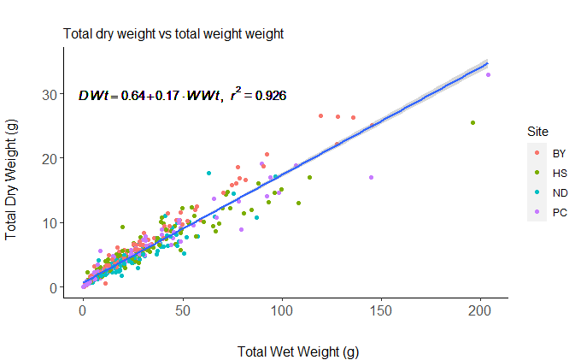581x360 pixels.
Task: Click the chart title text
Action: pyautogui.click(x=173, y=34)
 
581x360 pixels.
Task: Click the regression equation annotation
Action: pyautogui.click(x=182, y=95)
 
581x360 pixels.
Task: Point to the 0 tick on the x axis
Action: pyautogui.click(x=83, y=312)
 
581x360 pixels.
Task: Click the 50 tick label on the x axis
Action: pyautogui.click(x=182, y=312)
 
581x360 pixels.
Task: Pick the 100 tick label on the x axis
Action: pyautogui.click(x=281, y=312)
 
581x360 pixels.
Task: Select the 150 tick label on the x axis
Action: pyautogui.click(x=381, y=312)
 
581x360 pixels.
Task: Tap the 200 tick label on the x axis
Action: pyautogui.click(x=480, y=312)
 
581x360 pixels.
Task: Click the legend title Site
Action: pyautogui.click(x=537, y=132)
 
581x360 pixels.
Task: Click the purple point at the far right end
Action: pyautogui.click(x=489, y=75)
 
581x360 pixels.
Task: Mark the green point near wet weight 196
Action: pyautogui.click(x=472, y=123)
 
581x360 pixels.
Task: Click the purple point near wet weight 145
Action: pyautogui.click(x=371, y=178)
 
